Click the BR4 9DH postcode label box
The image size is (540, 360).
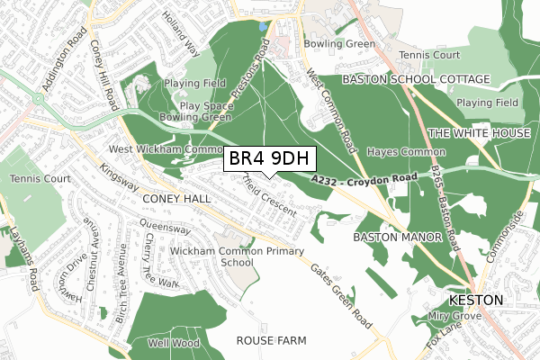[269, 159]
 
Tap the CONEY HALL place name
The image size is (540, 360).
[175, 197]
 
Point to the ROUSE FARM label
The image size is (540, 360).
[271, 341]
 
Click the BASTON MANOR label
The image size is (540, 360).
[398, 238]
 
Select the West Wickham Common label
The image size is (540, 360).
[165, 148]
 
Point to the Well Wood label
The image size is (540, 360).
[173, 343]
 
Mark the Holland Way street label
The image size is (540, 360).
[179, 31]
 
